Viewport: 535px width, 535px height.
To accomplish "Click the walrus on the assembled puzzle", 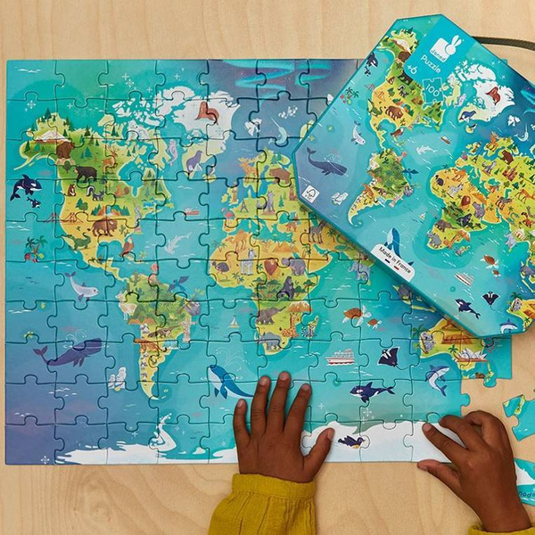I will tap(208, 111).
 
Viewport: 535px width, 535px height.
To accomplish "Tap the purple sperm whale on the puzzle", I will tap(72, 354).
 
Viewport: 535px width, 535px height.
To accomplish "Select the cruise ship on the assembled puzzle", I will tap(340, 357).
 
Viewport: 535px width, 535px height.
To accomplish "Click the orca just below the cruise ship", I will tap(369, 391).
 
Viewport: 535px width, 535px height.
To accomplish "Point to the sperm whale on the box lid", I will tap(326, 164).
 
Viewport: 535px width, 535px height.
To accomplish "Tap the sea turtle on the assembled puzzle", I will tap(354, 314).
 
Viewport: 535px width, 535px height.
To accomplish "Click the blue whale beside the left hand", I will tap(226, 382).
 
